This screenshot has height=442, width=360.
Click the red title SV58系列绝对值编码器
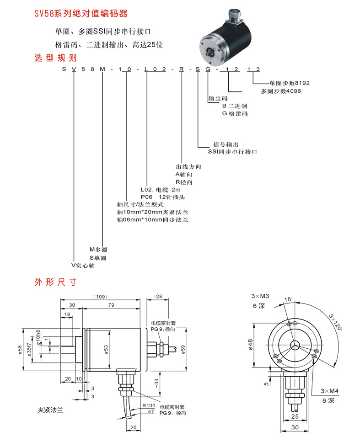point(81,14)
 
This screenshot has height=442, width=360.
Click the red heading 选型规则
point(56,58)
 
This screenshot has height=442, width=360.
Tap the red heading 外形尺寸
point(56,282)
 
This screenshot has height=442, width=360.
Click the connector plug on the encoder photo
point(235,16)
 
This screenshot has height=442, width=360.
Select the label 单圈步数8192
point(290,83)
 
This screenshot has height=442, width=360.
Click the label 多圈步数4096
point(281,91)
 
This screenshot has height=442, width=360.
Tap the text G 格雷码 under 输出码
point(235,114)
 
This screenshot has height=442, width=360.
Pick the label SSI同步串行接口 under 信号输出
point(232,152)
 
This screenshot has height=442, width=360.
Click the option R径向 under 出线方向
point(184,182)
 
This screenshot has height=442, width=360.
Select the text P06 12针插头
point(163,197)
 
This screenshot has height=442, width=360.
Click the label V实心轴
point(83,265)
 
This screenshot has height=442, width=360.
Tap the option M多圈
point(98,250)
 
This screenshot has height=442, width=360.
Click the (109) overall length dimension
point(101,297)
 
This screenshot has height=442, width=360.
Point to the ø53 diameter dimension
point(106,350)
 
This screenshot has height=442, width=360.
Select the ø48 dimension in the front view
point(251,345)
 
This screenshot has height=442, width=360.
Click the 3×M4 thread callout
point(329,391)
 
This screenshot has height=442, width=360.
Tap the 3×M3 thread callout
point(260,296)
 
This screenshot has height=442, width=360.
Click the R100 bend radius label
point(149,405)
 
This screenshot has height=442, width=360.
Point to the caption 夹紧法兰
point(50,410)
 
